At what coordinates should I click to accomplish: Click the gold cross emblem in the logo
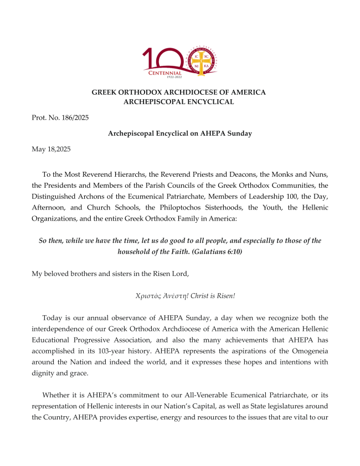coord(200,61)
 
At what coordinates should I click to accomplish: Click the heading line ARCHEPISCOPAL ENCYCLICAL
coord(178,102)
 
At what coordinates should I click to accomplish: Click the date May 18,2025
coord(51,149)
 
